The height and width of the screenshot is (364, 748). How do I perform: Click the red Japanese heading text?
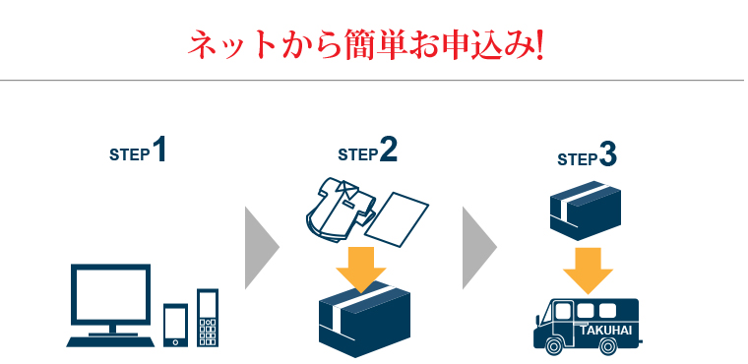(365, 45)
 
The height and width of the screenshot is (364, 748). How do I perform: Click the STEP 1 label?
(138, 152)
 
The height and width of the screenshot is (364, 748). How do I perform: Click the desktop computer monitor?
(110, 295)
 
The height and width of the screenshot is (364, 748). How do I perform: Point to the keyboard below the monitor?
(109, 340)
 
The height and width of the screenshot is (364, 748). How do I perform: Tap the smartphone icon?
(175, 325)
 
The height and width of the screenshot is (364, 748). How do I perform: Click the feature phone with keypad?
(207, 317)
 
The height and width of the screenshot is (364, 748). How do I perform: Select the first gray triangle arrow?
(260, 247)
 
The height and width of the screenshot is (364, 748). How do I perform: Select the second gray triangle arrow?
(479, 247)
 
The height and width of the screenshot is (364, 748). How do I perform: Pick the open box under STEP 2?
(363, 323)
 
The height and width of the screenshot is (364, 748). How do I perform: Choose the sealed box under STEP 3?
(585, 208)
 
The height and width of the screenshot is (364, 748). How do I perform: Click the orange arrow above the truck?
(588, 270)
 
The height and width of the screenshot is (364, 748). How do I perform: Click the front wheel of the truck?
(553, 345)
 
